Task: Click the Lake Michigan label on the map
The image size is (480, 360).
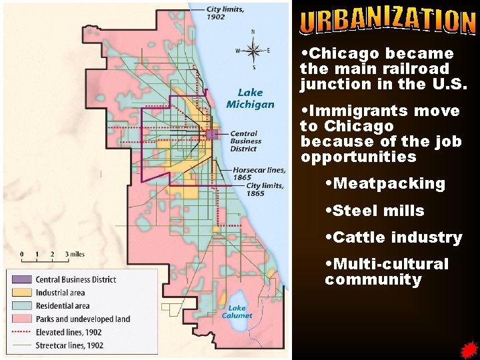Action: (x=250, y=98)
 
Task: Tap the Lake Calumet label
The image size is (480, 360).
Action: (x=237, y=311)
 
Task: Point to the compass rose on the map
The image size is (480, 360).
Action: (x=253, y=49)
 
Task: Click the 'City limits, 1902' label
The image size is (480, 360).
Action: (x=225, y=13)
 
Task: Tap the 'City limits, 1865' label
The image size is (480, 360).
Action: (x=265, y=189)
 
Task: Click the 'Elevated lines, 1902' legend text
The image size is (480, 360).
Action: (x=69, y=332)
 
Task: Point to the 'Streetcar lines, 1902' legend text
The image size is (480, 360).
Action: (x=69, y=345)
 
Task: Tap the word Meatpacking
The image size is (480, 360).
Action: (x=389, y=183)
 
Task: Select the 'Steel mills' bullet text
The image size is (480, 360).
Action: (x=378, y=211)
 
